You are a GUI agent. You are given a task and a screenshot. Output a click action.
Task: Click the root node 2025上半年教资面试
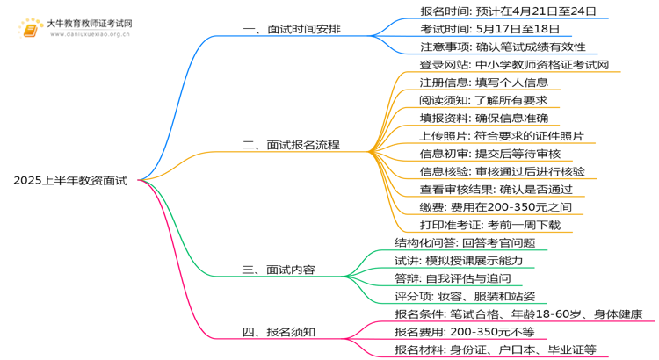pyautogui.click(x=70, y=181)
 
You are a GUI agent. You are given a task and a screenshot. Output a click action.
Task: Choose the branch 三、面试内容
pyautogui.click(x=279, y=270)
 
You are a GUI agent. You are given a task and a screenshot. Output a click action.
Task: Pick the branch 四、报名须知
pyautogui.click(x=279, y=332)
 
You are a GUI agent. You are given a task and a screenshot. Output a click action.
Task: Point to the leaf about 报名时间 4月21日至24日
pyautogui.click(x=509, y=11)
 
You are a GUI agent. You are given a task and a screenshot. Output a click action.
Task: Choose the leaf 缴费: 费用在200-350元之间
pyautogui.click(x=496, y=207)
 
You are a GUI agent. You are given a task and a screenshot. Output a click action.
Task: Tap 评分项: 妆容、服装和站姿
pyautogui.click(x=465, y=296)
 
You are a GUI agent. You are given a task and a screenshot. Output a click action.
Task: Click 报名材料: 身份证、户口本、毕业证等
pyautogui.click(x=496, y=349)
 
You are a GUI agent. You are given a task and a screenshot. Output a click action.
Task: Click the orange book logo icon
pyautogui.click(x=30, y=30)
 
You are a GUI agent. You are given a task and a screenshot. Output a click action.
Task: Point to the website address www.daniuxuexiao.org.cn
pyautogui.click(x=91, y=36)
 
